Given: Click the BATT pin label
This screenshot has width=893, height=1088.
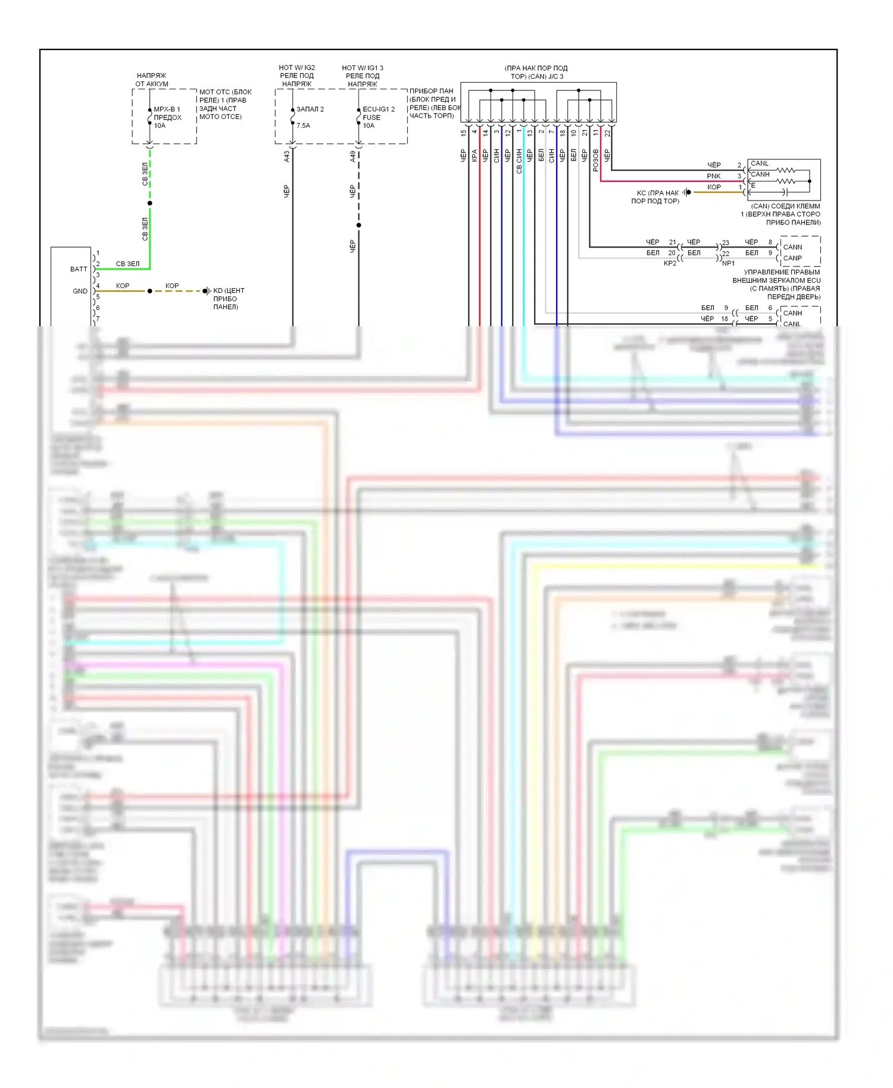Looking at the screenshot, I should (x=79, y=269).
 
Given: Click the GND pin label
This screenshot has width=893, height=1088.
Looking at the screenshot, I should (x=80, y=291).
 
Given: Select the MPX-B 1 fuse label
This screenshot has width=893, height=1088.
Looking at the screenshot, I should (x=167, y=110).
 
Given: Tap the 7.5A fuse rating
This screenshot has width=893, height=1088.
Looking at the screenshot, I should (x=303, y=126).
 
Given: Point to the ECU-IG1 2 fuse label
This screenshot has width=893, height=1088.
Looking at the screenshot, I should (x=379, y=110).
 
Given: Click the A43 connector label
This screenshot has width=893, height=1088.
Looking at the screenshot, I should (x=286, y=156).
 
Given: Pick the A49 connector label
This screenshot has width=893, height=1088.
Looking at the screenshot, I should (x=352, y=156).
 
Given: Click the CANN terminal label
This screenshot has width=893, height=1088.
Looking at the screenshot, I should (x=792, y=247).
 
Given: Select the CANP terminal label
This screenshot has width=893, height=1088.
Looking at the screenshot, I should (x=792, y=258).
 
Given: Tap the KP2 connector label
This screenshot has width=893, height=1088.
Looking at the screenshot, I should (x=670, y=263).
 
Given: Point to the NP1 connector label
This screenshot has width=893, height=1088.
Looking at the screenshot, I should (x=729, y=263).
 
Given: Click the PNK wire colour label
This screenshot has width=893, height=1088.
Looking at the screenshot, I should (x=714, y=176).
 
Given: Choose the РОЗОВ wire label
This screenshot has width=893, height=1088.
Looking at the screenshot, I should (x=595, y=161).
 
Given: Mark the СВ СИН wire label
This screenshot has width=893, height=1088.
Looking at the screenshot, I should (x=519, y=161).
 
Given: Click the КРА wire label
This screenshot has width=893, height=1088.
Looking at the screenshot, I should (x=474, y=156).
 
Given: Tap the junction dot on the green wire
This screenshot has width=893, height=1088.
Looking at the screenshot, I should (x=149, y=204).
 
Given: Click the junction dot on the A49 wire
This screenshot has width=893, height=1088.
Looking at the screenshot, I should (x=358, y=225).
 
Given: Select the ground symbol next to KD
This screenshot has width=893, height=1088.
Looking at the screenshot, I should (x=206, y=291).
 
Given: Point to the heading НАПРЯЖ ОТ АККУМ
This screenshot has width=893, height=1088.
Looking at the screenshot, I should (x=151, y=80).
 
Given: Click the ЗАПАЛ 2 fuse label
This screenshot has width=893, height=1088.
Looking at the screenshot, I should (x=310, y=110).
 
